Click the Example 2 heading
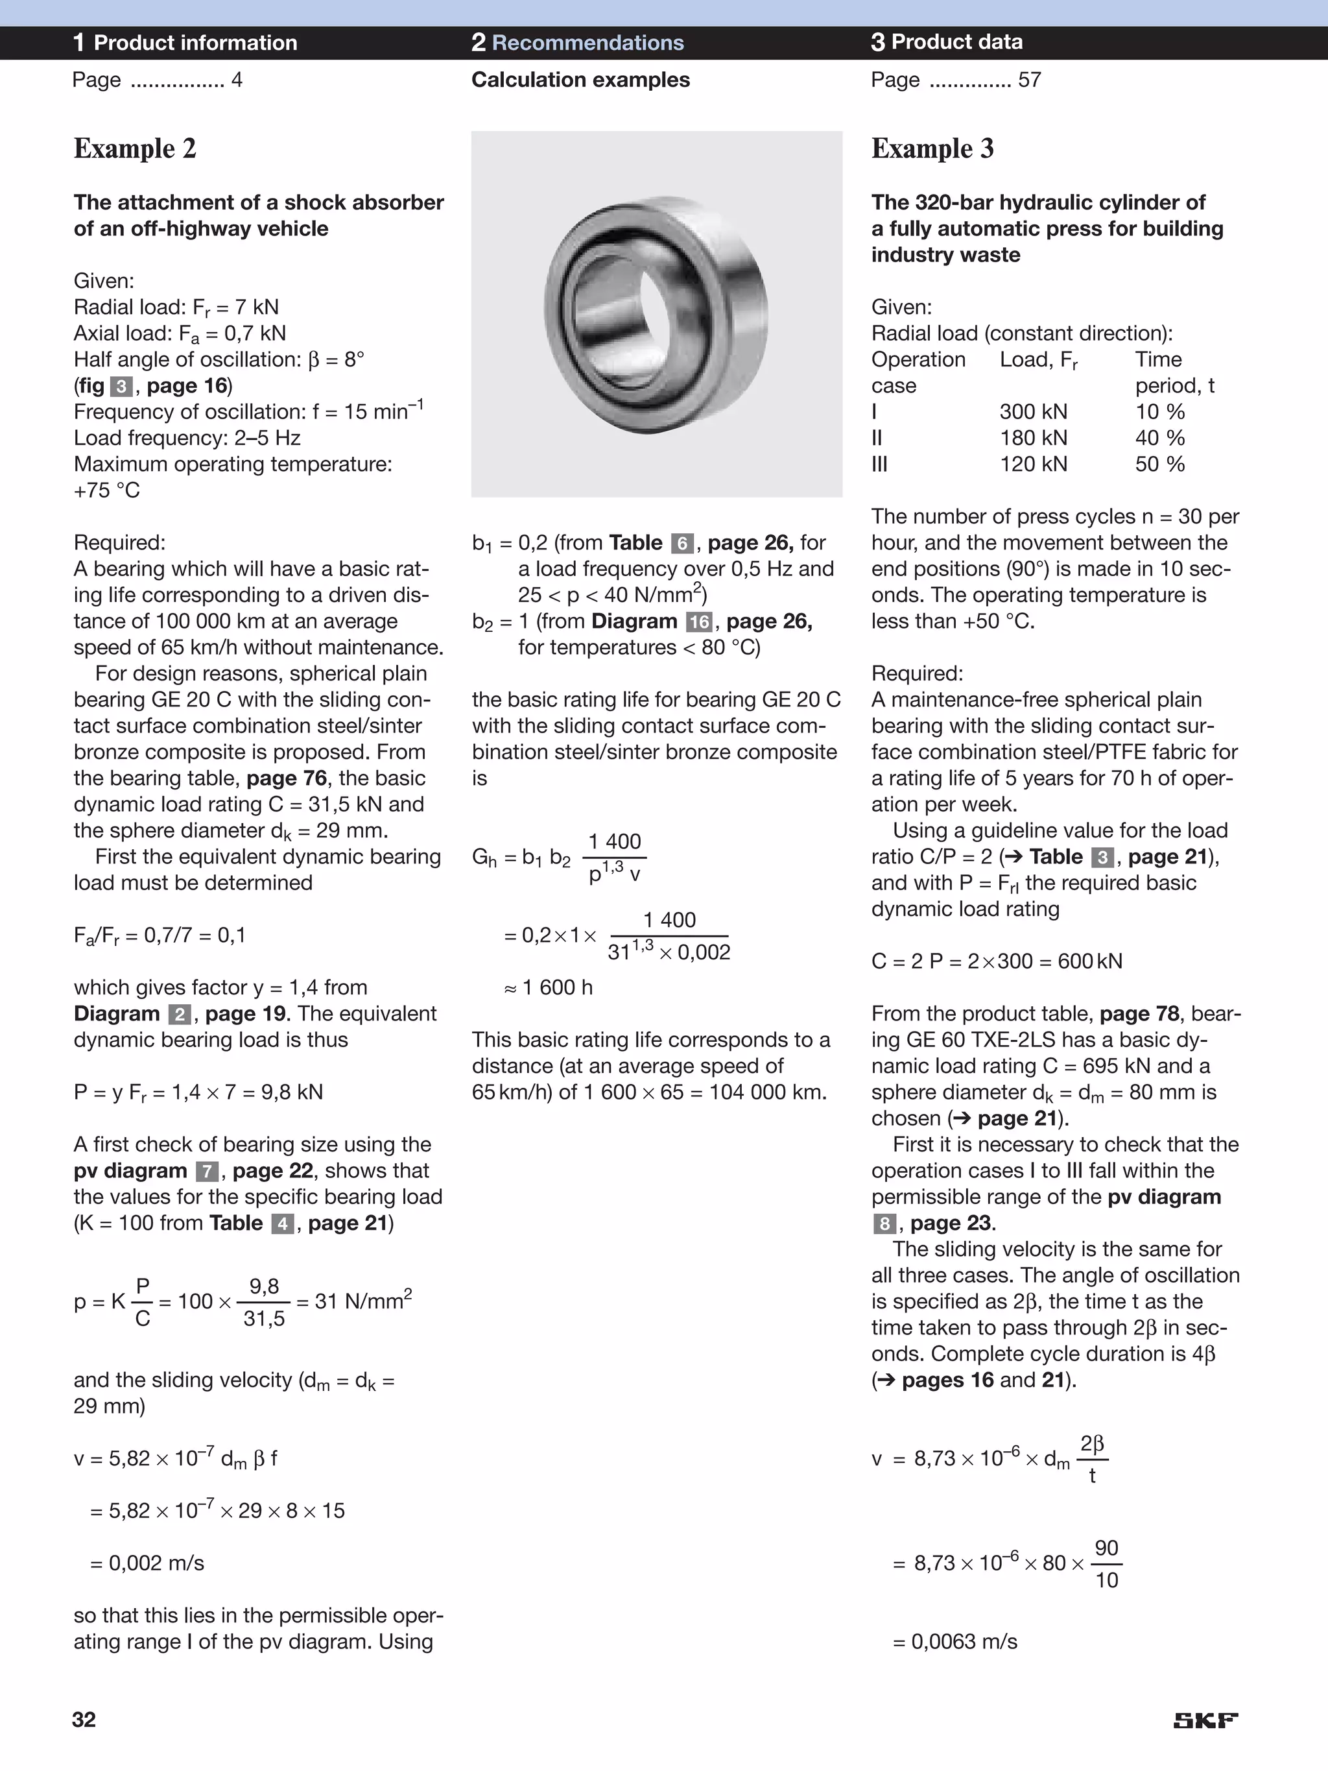134,149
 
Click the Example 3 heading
932,149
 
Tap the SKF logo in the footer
1205,1720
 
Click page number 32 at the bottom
84,1720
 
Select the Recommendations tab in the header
577,42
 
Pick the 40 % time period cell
1159,438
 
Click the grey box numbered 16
699,622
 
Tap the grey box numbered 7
206,1172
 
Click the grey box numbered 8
884,1223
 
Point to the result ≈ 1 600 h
549,987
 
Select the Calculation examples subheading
580,80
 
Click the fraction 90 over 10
1106,1563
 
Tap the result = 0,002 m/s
147,1563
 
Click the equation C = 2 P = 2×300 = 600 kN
997,961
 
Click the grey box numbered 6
682,544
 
